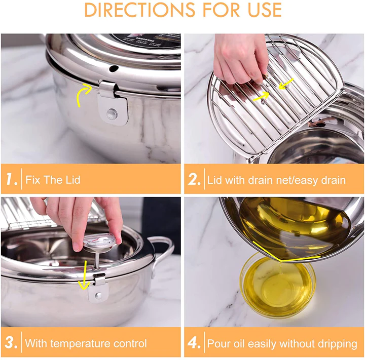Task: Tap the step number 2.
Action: [x=194, y=180]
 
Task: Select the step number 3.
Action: [x=11, y=343]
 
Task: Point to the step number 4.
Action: [x=194, y=343]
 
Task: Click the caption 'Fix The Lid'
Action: [x=53, y=180]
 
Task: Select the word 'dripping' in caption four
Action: [x=332, y=343]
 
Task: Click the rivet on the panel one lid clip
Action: [x=112, y=113]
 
